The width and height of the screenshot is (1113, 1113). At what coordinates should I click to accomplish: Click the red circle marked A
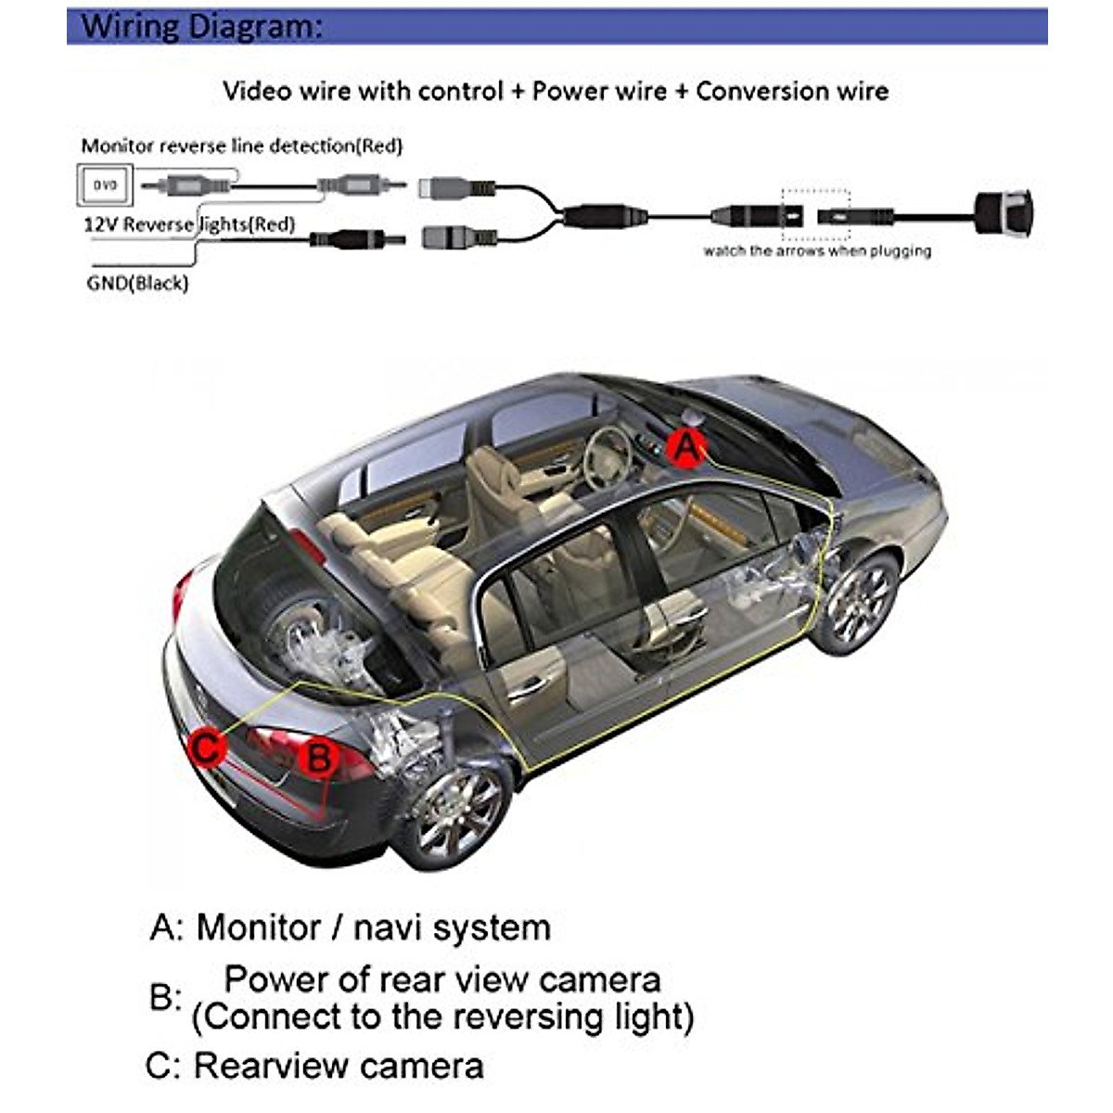(685, 448)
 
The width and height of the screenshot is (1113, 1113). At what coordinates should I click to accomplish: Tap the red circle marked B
(318, 758)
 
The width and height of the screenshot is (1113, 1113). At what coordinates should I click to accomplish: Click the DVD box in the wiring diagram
(105, 185)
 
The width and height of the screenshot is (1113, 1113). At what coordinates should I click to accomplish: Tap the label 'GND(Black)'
(137, 283)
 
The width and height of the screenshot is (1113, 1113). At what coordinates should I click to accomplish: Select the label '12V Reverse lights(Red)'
(189, 224)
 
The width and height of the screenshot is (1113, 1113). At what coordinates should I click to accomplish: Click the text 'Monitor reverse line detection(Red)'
(242, 146)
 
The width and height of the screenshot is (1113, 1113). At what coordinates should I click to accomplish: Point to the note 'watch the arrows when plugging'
(817, 250)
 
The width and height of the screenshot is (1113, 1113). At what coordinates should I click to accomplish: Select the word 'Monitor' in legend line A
(259, 927)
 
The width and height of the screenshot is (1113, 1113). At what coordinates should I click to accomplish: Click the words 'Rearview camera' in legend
(339, 1066)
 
